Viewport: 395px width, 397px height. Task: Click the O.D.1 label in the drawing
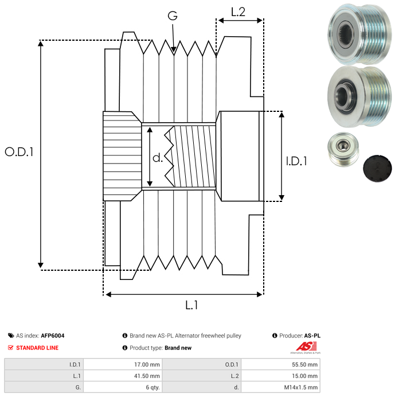[x=19, y=152]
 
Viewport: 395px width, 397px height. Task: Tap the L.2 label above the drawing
[x=238, y=12]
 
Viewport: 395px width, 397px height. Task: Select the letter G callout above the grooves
[x=173, y=15]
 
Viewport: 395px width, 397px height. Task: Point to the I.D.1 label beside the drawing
[x=296, y=161]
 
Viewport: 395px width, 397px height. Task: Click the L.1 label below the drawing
[x=191, y=305]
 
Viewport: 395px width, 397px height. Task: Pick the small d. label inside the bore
[x=158, y=158]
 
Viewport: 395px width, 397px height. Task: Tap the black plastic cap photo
[x=377, y=168]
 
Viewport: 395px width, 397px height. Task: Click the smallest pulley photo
[x=343, y=149]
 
